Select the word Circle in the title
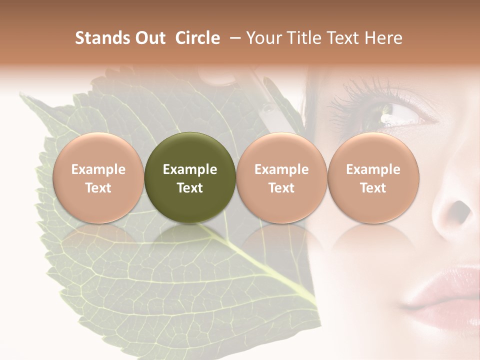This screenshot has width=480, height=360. click(197, 38)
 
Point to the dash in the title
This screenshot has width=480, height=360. click(234, 38)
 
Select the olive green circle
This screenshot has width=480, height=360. click(190, 177)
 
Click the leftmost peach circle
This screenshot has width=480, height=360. click(98, 177)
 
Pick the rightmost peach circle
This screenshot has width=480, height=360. click(373, 177)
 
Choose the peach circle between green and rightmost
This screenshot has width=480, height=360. click(281, 177)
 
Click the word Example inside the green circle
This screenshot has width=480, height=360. click(190, 169)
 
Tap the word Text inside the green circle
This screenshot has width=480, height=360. click(190, 188)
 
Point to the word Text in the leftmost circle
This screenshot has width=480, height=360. click(98, 188)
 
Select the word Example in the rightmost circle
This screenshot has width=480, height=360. click(373, 169)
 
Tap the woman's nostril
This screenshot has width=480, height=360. click(461, 212)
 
